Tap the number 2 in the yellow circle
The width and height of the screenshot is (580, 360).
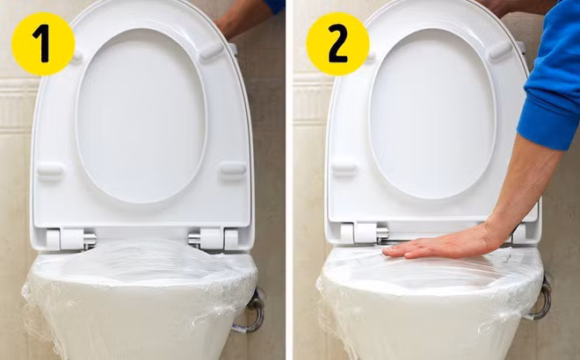coord(337,44)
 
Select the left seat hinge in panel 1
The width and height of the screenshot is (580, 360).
coord(70,239)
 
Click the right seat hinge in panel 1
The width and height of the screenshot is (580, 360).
coord(214,239)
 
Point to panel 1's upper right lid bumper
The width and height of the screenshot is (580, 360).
coord(212,52)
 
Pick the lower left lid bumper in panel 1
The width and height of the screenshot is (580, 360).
coord(50,170)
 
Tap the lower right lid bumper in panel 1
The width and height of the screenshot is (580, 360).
coord(234,170)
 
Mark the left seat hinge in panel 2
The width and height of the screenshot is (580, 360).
coord(365,233)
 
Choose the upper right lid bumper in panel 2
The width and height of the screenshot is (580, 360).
coord(501,51)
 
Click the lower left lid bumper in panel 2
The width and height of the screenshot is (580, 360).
coord(344,169)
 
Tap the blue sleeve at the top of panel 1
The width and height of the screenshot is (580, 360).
coord(274,5)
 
